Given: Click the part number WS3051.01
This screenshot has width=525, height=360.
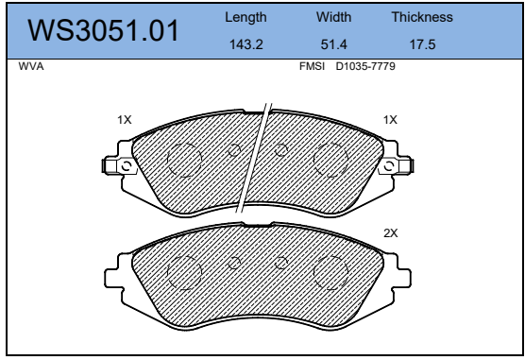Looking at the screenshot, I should (x=104, y=32).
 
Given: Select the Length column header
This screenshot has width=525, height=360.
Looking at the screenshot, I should (x=246, y=17).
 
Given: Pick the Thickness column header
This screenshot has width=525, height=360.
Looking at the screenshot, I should (x=422, y=17).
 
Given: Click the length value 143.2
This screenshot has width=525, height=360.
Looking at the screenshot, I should (x=246, y=44).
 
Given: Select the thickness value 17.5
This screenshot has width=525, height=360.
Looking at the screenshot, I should (x=422, y=44).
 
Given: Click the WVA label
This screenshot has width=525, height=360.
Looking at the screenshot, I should (x=31, y=68).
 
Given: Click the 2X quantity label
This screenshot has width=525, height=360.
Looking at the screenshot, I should (x=390, y=232).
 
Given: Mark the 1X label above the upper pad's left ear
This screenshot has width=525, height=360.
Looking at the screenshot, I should (x=124, y=120).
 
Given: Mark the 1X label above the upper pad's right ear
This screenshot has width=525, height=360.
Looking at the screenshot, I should (x=390, y=120).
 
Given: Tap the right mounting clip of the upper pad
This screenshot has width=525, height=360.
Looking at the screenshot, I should (x=392, y=166).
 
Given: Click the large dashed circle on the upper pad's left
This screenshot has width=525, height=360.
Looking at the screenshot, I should (x=184, y=161).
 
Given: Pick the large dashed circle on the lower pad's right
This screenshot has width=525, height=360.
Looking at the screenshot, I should (x=330, y=274).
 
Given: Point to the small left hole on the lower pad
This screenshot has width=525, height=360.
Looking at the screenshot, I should (x=235, y=264).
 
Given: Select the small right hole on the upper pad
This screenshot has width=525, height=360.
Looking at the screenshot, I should (x=280, y=149).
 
